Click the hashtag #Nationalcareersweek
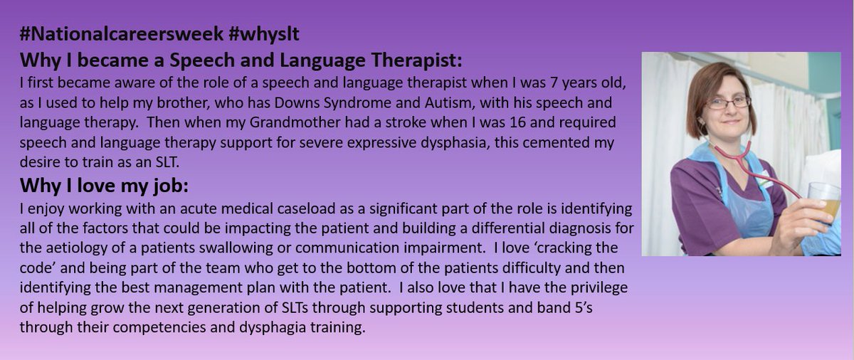click(x=135, y=33)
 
